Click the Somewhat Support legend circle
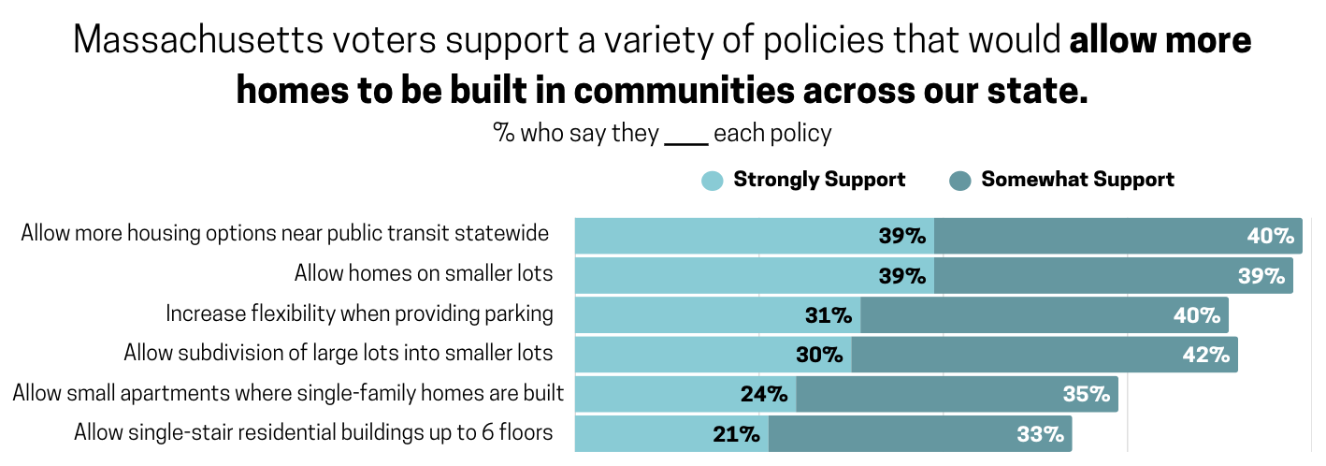pos(960,181)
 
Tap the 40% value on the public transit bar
pos(1270,236)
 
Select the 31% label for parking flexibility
pos(829,315)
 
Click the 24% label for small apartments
pos(763,394)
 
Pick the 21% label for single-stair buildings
pos(735,434)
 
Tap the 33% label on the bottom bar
pos(1040,434)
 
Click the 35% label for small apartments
pos(1086,394)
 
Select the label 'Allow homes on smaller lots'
pos(424,273)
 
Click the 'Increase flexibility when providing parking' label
pos(360,313)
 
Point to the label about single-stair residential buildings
pos(313,432)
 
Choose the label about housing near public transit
pos(285,233)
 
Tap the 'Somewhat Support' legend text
pos(1077,180)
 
